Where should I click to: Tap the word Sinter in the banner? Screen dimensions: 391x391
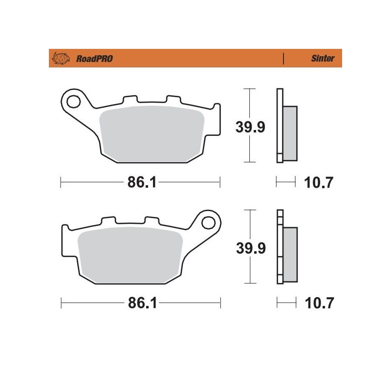coord(323,59)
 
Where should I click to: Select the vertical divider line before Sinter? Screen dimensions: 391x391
coord(284,59)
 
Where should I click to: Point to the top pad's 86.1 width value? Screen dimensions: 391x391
coord(141,183)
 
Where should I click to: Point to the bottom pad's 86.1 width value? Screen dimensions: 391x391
coord(141,304)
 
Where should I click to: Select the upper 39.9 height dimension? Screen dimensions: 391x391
coord(251,127)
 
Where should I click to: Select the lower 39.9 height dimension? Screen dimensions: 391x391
coord(251,248)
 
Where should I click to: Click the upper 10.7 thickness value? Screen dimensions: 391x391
coord(320,183)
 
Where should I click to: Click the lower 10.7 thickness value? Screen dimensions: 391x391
coord(320,304)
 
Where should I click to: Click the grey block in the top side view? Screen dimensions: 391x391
coord(289,133)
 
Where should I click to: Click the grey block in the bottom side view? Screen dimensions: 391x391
coord(290,254)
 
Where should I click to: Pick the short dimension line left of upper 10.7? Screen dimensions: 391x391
coord(286,183)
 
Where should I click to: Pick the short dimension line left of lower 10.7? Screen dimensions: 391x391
coord(286,304)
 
